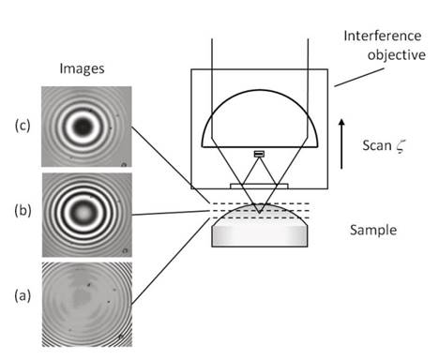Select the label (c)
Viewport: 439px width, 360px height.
tap(20, 123)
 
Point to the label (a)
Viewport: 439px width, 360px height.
tap(20, 297)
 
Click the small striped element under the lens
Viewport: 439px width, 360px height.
tap(259, 154)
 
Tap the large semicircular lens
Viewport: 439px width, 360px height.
tap(260, 117)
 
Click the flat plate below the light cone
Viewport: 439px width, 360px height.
tap(260, 185)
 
